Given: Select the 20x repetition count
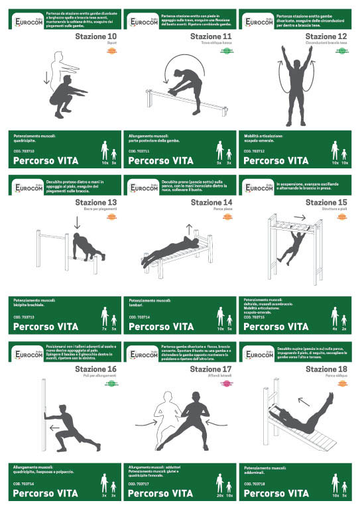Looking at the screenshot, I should (219, 495).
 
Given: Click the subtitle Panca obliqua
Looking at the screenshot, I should (335, 375).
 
